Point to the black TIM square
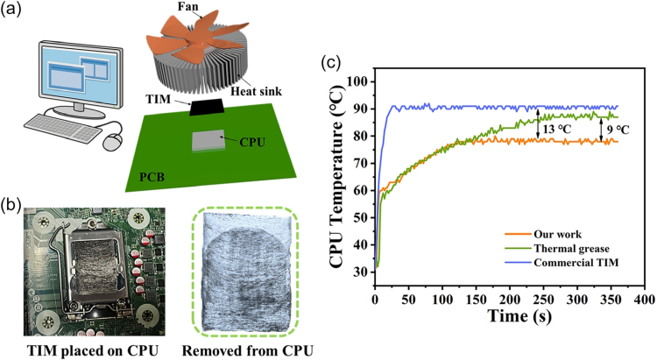pyautogui.click(x=207, y=107)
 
